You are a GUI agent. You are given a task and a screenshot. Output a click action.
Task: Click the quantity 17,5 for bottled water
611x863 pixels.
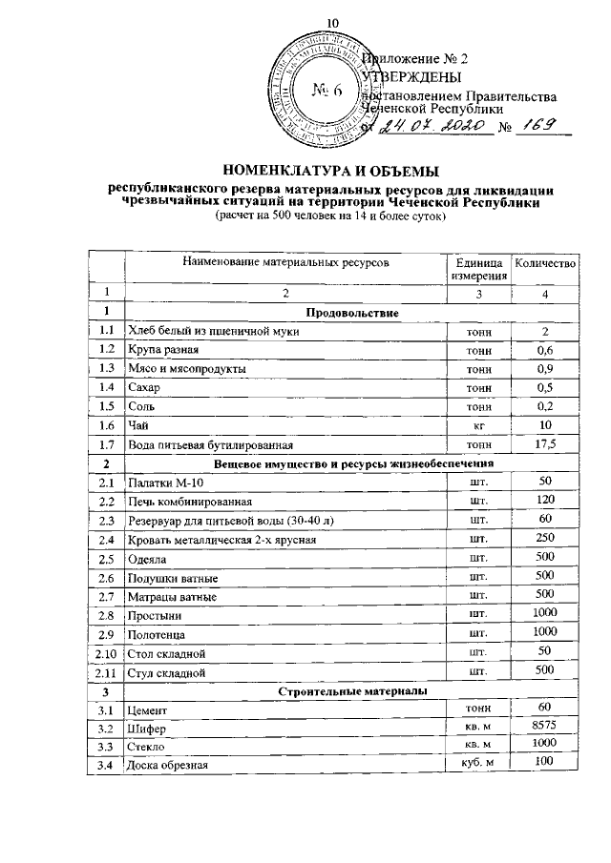click(543, 443)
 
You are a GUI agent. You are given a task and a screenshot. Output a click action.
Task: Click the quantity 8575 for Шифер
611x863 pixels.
click(543, 726)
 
